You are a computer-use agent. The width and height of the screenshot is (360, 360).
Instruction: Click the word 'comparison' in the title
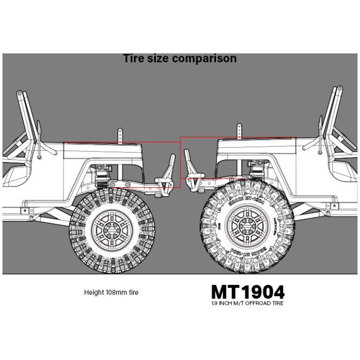[x=204, y=59]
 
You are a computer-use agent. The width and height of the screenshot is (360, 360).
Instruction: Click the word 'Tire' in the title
[x=134, y=59]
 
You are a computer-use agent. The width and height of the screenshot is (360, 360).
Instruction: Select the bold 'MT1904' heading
[x=247, y=292]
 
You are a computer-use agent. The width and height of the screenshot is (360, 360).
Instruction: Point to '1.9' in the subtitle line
[x=214, y=303]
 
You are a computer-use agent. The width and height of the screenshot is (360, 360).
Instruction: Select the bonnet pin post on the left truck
[x=120, y=135]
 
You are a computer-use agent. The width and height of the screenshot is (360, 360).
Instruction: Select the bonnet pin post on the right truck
[x=239, y=131]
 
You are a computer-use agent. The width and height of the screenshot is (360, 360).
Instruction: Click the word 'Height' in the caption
[x=93, y=293]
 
